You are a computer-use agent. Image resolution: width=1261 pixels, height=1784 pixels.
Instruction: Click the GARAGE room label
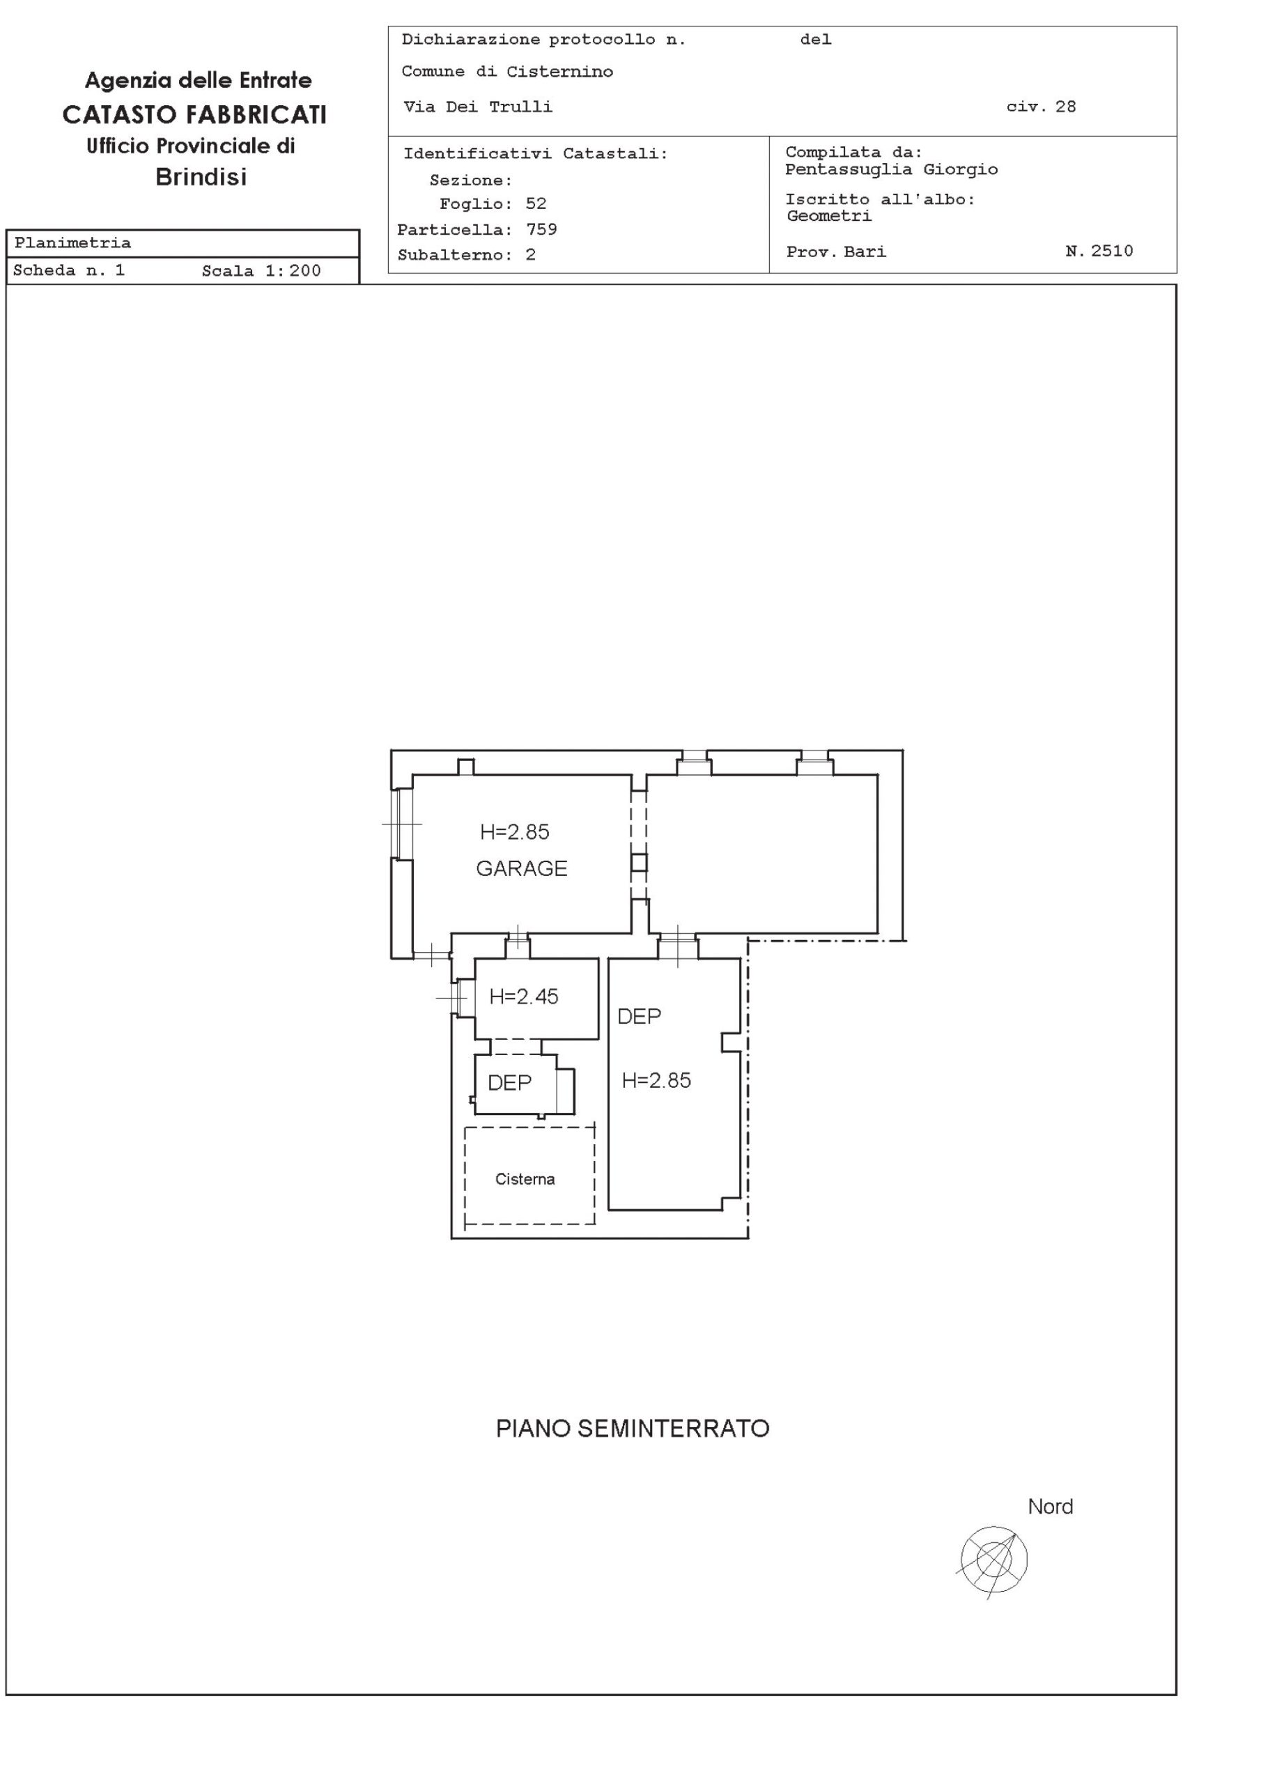click(521, 869)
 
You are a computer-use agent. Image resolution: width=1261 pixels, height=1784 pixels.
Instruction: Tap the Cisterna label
click(525, 1180)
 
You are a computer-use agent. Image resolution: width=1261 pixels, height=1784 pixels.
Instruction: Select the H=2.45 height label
click(524, 997)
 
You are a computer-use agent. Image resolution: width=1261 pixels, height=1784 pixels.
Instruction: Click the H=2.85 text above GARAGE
click(514, 832)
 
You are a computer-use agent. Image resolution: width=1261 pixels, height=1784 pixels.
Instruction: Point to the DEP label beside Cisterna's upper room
click(510, 1083)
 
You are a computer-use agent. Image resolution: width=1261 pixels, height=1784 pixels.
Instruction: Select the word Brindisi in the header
click(201, 177)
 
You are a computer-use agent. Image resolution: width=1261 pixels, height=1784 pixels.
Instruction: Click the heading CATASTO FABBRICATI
click(195, 115)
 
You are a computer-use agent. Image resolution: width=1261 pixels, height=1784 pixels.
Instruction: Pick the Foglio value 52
click(536, 203)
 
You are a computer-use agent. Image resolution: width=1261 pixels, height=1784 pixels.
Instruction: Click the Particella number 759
click(541, 229)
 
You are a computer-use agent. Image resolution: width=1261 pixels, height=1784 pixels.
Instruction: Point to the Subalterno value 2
click(531, 255)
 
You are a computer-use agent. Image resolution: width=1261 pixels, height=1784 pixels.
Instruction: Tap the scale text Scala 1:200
click(261, 271)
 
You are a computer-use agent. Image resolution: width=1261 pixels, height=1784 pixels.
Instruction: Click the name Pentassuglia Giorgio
click(891, 169)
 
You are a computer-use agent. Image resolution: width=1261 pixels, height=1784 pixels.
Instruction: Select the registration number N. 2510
click(1099, 251)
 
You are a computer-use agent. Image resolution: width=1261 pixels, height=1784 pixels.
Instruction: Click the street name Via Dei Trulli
click(478, 107)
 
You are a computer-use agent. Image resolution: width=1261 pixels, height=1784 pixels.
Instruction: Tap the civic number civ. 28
click(1041, 107)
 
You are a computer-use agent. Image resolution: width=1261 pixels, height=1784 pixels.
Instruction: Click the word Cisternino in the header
click(560, 72)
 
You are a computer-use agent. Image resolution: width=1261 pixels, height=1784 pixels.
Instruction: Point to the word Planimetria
click(72, 243)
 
